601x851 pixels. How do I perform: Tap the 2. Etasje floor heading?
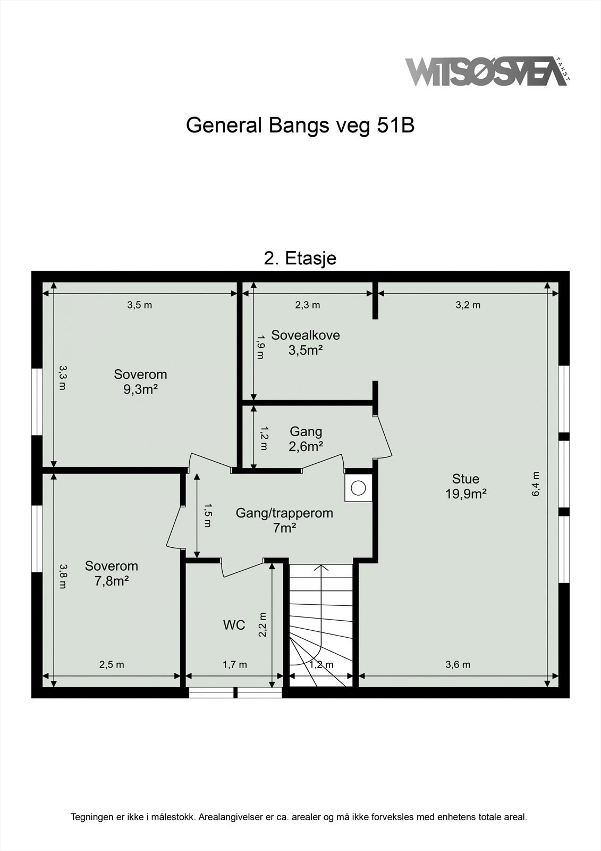coord(300,258)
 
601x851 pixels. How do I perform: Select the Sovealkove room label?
coord(306,335)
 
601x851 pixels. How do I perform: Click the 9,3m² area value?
coord(141,389)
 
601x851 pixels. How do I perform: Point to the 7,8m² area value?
coord(112,581)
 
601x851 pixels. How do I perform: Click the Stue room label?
coord(465,479)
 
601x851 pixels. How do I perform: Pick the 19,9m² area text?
coord(466,494)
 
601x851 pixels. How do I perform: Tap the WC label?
coord(234,624)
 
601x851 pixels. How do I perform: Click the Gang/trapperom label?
coord(284,513)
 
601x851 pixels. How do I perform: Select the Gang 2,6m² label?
coord(306,439)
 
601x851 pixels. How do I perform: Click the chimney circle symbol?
coord(359,487)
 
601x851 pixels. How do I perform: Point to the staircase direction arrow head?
coord(321,568)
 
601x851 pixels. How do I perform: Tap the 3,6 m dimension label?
coord(458,664)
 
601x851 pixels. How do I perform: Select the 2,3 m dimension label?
coord(308,305)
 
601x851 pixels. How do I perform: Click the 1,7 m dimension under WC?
coord(234,664)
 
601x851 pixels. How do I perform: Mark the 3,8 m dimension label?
coord(63,576)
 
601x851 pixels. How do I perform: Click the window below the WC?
coord(235,692)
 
